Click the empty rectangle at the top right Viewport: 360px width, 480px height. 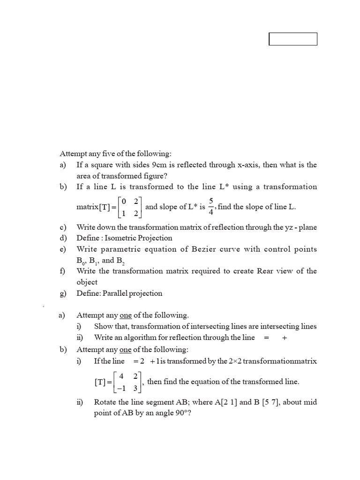pyautogui.click(x=293, y=39)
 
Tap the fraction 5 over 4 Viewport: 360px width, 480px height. pyautogui.click(x=211, y=207)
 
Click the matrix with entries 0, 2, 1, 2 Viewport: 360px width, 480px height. pyautogui.click(x=129, y=207)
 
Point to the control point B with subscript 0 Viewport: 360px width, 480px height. pyautogui.click(x=81, y=261)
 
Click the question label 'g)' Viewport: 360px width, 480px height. pyautogui.click(x=63, y=293)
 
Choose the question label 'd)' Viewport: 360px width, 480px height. pyautogui.click(x=63, y=238)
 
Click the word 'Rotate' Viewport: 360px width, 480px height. pyautogui.click(x=105, y=402)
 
